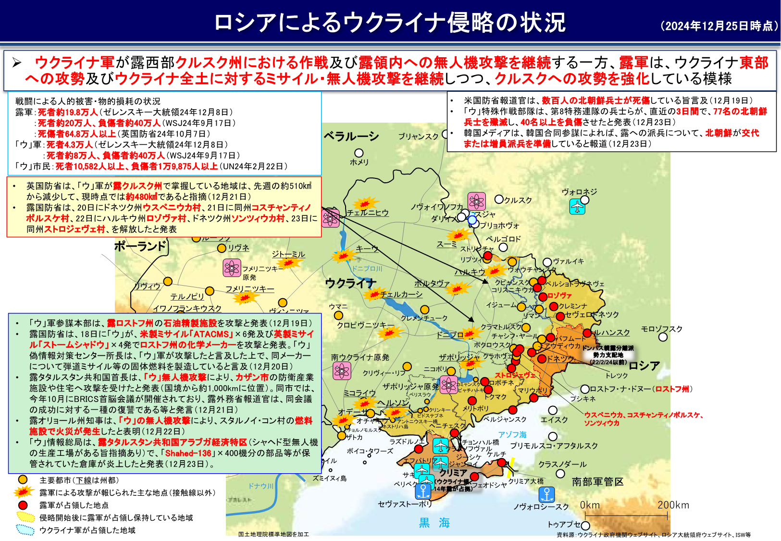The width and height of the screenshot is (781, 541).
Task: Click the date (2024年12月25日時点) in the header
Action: (719, 26)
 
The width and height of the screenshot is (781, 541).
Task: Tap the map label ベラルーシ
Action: (351, 137)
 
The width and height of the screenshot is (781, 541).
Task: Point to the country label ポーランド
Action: (140, 247)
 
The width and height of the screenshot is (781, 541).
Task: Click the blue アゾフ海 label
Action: (512, 435)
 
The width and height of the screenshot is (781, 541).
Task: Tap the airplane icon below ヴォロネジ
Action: (577, 207)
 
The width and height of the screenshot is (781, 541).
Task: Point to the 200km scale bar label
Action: (673, 505)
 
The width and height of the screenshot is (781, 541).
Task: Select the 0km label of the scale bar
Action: (590, 505)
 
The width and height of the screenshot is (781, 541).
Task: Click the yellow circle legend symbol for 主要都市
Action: (22, 479)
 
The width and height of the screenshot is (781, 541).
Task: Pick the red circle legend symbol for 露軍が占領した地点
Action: (22, 505)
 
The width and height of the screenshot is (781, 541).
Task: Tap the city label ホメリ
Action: (359, 162)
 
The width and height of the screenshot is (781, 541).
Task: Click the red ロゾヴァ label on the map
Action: (559, 296)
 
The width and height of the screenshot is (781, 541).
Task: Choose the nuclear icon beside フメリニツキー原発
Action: (232, 268)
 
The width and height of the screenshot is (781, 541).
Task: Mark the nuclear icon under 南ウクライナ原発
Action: (341, 370)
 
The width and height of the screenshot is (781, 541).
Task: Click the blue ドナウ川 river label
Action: (261, 486)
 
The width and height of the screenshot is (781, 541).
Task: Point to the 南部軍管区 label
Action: (597, 481)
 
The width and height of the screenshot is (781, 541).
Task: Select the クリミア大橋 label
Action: (526, 481)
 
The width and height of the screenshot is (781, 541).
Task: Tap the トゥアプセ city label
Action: (564, 525)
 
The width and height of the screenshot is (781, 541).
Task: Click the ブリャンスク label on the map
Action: (418, 137)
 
